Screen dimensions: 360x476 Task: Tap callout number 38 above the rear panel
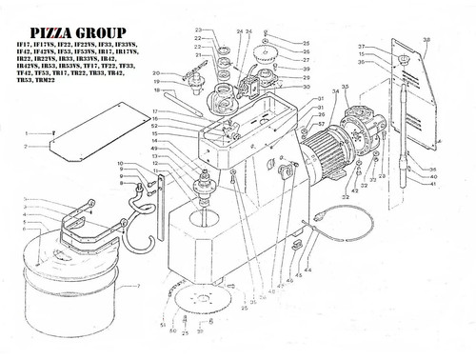[426, 40]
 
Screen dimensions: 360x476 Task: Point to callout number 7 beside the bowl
[139, 287]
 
